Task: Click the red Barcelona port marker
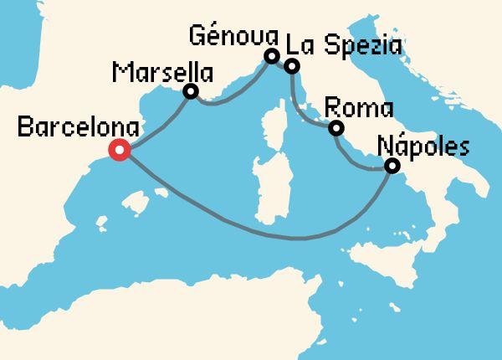click(x=120, y=151)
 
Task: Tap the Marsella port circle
click(x=191, y=92)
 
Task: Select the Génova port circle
click(x=271, y=56)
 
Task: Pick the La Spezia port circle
click(x=291, y=66)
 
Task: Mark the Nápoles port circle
click(x=391, y=167)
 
